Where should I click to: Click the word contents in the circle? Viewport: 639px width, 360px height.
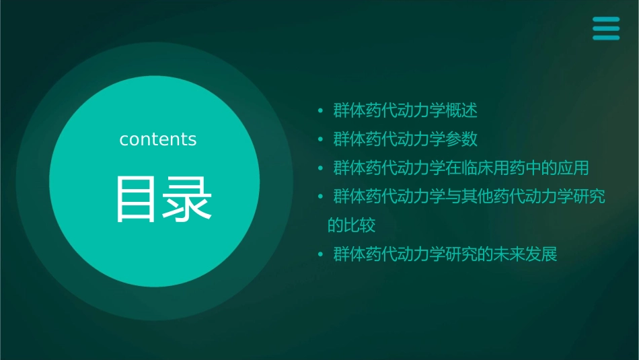coord(158,139)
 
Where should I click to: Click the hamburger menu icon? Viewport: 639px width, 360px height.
coord(605,28)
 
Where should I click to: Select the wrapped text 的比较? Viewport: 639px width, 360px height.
coord(351,225)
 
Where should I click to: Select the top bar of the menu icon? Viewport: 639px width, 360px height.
coord(605,20)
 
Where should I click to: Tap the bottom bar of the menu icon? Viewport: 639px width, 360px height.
coord(605,37)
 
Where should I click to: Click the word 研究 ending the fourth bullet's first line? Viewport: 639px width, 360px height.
coord(590,197)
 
